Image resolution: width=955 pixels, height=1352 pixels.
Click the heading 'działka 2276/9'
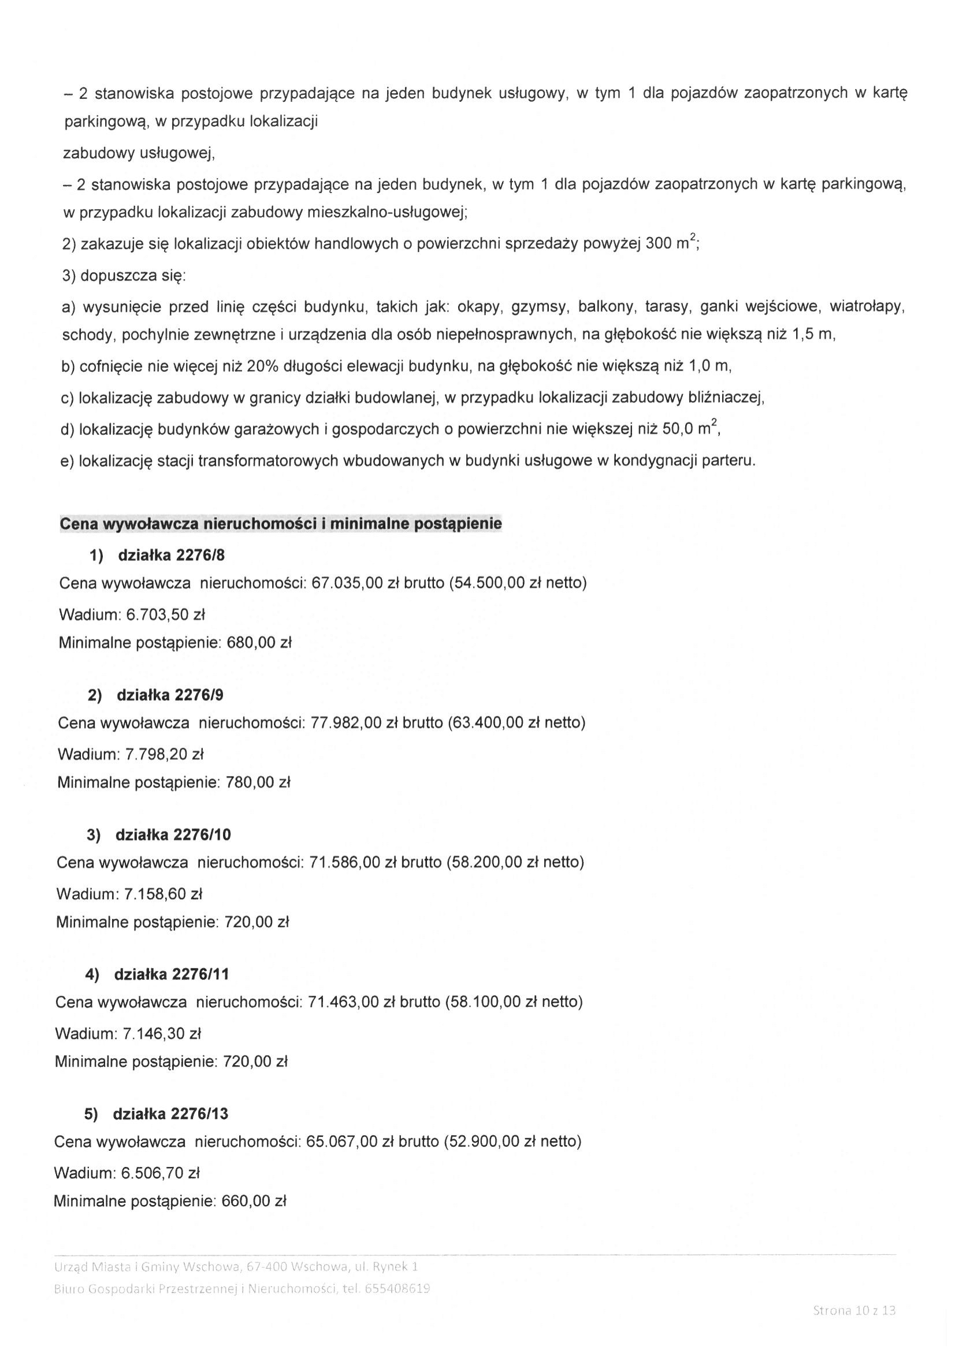coord(170,695)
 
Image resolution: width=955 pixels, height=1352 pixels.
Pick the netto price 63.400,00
coord(488,722)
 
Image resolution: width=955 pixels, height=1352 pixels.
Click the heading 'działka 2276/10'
coord(173,834)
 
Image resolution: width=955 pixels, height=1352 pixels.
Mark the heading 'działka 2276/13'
coord(170,1114)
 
